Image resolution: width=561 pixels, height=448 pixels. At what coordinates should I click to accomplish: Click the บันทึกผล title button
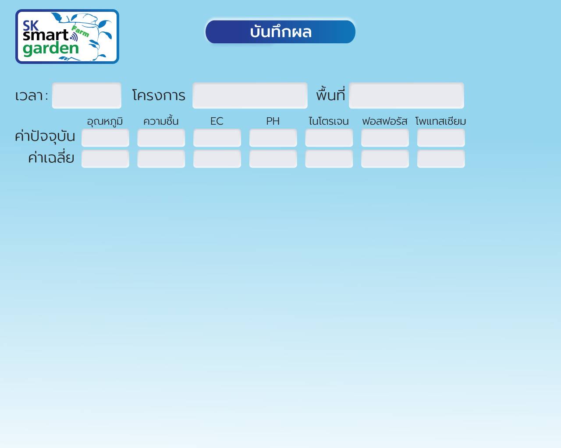[x=280, y=32]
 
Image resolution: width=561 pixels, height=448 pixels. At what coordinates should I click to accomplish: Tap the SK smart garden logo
[x=67, y=36]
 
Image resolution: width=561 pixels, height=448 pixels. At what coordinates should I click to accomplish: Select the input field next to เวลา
[x=86, y=95]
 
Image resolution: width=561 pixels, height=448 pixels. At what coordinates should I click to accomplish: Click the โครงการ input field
[x=250, y=95]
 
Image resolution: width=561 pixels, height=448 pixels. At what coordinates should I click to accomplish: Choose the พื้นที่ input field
[x=406, y=95]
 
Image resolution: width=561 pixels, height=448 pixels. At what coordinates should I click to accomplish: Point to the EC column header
[x=217, y=121]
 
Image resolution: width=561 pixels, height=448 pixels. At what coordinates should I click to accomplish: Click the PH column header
[x=273, y=121]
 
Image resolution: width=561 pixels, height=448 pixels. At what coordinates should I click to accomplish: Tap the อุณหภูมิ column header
[x=105, y=122]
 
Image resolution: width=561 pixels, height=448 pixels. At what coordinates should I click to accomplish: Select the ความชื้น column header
[x=161, y=121]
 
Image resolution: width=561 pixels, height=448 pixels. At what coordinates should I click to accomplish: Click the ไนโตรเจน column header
[x=329, y=121]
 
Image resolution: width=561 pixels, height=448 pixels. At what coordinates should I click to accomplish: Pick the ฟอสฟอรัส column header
[x=385, y=121]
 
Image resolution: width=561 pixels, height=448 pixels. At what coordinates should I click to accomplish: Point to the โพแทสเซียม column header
[x=440, y=121]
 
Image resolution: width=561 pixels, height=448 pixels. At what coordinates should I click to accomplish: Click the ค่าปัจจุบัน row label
[x=45, y=136]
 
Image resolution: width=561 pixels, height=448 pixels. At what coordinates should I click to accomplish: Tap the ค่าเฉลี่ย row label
[x=51, y=157]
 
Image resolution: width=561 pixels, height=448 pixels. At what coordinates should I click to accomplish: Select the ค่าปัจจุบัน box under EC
[x=217, y=138]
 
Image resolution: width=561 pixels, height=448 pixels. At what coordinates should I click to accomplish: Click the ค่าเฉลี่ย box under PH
[x=273, y=159]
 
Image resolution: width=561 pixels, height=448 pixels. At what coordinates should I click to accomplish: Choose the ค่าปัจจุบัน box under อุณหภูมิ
[x=105, y=138]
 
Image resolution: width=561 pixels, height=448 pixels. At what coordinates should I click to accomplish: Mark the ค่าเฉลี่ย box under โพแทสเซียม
[x=441, y=159]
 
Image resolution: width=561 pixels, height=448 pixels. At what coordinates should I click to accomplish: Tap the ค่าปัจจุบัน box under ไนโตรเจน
[x=329, y=138]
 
